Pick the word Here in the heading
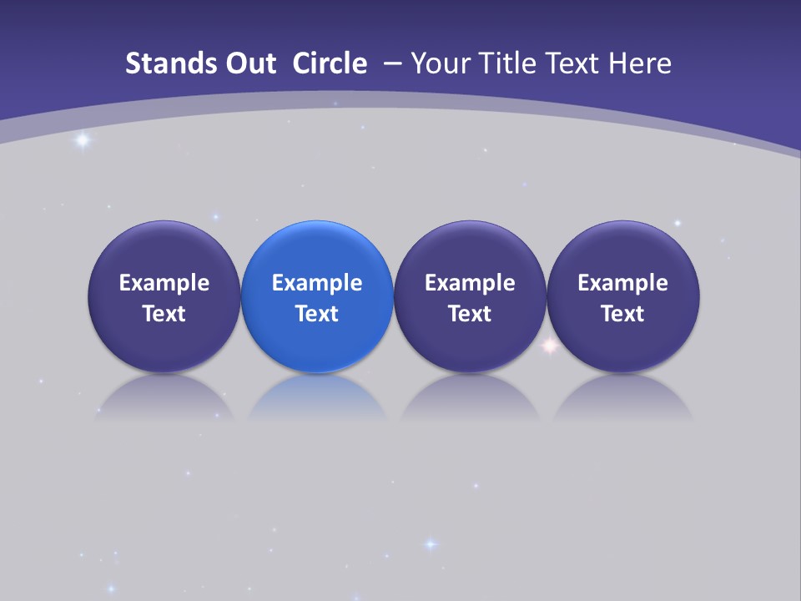[638, 63]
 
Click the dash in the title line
[393, 63]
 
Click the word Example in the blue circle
[317, 283]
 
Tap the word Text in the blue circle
[317, 314]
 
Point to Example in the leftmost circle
[164, 283]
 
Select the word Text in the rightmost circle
[623, 314]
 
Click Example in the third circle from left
[470, 283]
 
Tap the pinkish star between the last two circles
[550, 344]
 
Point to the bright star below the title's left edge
[82, 139]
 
